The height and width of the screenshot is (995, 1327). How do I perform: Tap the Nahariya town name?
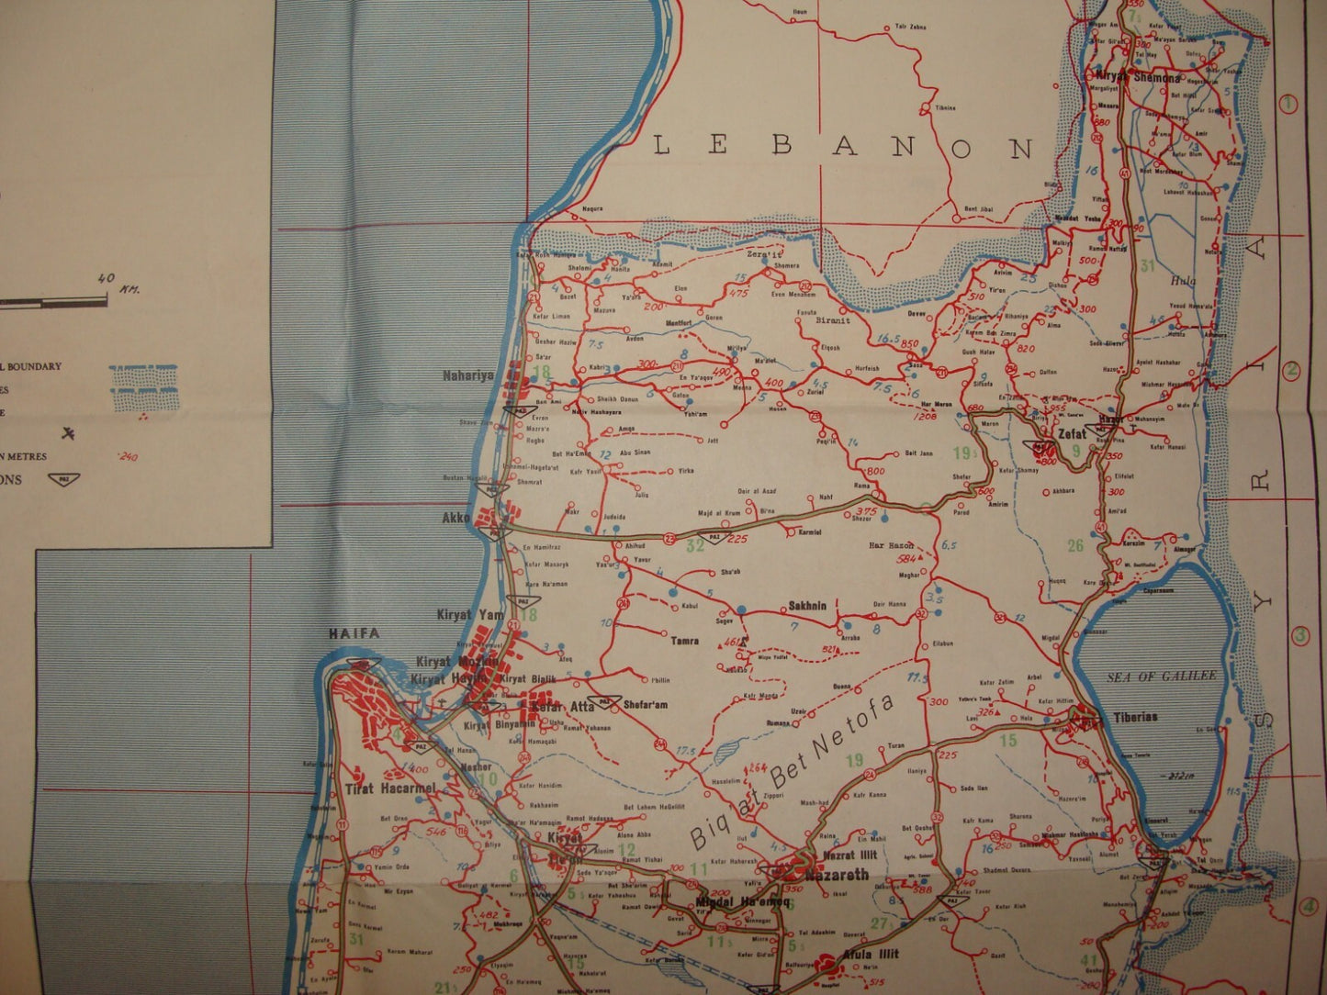468,375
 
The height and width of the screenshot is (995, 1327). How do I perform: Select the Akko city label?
456,518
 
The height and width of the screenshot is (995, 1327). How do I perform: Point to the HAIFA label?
354,633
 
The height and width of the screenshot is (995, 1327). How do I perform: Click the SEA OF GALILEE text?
1161,676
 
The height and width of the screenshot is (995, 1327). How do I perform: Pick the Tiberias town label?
1135,716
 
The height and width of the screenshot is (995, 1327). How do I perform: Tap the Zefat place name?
1072,433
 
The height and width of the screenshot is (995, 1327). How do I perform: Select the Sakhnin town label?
808,606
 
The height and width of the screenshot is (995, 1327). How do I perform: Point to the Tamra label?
684,642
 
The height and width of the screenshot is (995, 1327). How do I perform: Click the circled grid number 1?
1288,104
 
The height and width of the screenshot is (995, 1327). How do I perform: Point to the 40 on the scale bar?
106,279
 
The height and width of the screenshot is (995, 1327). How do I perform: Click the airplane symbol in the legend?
67,432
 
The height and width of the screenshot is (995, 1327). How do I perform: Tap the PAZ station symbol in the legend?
63,479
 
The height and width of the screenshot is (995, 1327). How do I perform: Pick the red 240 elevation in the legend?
128,456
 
